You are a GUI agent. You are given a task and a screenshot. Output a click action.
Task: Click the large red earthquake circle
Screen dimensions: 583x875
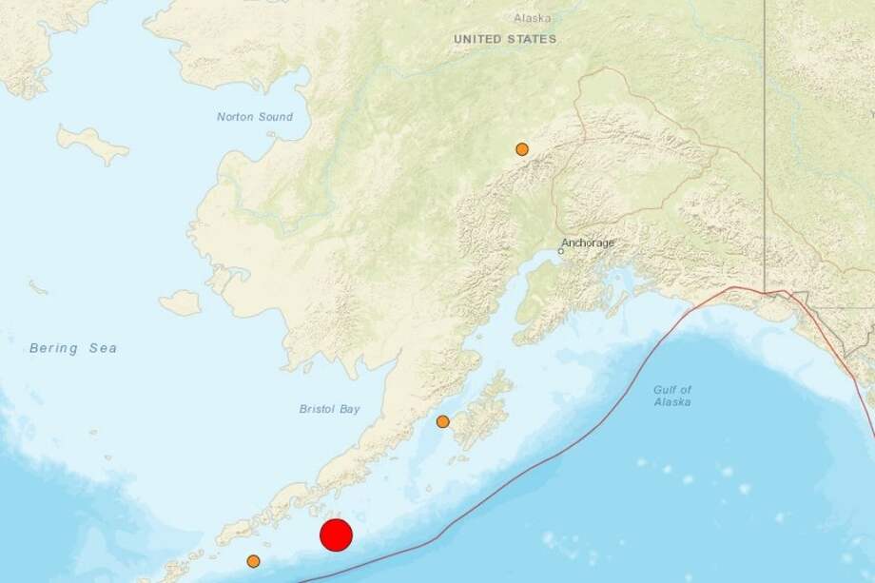tap(336, 534)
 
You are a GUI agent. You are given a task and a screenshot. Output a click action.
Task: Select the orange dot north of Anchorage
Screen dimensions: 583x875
tap(522, 149)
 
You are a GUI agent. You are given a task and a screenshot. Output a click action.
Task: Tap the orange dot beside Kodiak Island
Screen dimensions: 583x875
tap(442, 421)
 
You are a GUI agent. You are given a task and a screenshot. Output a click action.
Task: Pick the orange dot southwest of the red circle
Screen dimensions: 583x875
tap(253, 561)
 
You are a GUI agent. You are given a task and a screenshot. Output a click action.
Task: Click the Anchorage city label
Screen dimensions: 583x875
tap(590, 243)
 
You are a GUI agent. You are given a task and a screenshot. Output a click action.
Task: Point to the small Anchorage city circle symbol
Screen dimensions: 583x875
tap(561, 251)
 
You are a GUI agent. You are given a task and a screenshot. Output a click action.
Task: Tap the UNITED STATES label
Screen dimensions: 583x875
tap(505, 39)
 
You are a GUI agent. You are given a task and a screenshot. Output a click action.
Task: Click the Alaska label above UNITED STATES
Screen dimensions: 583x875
tap(532, 18)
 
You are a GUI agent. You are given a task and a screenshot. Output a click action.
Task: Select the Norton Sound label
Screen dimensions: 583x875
tap(255, 117)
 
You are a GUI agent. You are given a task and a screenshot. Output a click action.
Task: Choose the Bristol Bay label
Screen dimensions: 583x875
tap(330, 409)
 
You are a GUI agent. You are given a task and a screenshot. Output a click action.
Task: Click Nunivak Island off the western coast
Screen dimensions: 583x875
tap(180, 303)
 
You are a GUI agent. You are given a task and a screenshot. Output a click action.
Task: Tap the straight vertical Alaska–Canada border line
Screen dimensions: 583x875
tap(765, 143)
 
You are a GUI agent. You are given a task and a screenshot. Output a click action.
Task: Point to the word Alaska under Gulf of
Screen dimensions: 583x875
tap(671, 402)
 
